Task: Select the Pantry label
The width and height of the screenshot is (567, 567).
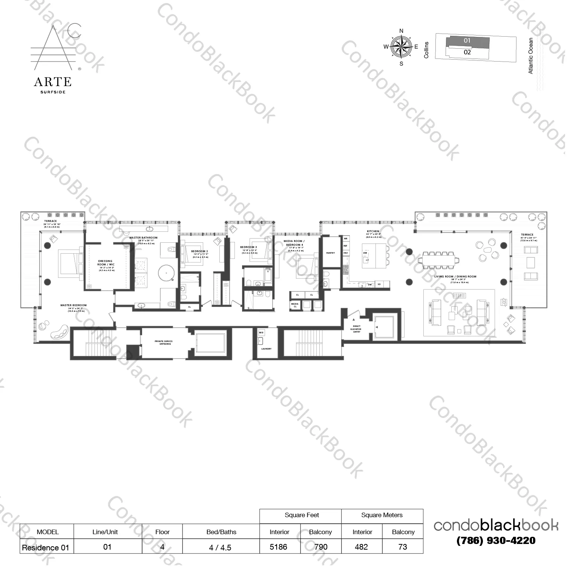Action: (x=331, y=253)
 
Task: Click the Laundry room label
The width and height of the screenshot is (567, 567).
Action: (x=266, y=349)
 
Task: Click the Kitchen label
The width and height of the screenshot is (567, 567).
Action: (x=373, y=231)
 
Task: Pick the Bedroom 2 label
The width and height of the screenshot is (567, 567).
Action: (x=199, y=251)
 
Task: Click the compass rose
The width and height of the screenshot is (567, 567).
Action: (x=401, y=47)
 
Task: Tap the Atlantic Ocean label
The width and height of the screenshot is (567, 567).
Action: (x=531, y=55)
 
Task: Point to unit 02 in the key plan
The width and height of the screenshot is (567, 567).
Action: (x=467, y=52)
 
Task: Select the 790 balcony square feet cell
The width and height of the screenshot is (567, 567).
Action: (x=321, y=547)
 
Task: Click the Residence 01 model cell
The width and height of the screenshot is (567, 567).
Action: (x=46, y=547)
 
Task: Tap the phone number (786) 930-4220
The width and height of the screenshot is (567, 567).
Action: (x=496, y=541)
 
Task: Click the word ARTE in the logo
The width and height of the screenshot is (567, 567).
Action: (x=52, y=82)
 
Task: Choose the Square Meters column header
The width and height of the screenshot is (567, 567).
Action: (x=382, y=515)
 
